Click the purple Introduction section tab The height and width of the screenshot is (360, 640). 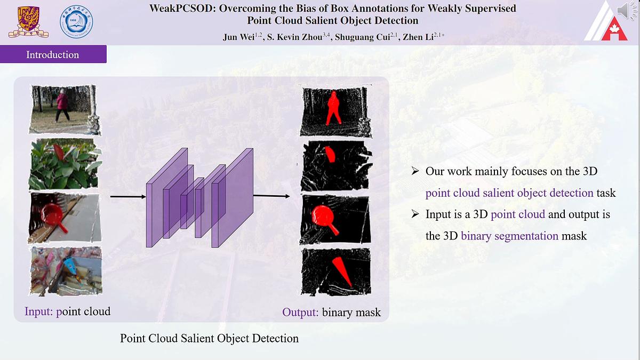pos(53,54)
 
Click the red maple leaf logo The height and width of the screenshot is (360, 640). pos(614,29)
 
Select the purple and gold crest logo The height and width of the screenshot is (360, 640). pos(28,22)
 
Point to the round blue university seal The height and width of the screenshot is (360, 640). pos(77,22)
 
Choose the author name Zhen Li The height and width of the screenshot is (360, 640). pos(418,37)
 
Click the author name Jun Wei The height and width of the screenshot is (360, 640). pos(238,37)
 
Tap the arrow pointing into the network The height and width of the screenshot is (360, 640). pos(128,197)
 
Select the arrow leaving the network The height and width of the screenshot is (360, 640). pos(271,196)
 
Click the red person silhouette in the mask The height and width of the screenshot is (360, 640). pos(333,108)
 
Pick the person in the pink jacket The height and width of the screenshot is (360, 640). pos(62,105)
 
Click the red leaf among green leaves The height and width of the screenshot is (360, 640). pos(59,153)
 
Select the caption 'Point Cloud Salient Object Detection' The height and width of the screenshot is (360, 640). pos(209,338)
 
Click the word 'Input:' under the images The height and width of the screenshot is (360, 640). pos(39,311)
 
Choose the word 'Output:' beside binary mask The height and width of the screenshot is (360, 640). pos(300,312)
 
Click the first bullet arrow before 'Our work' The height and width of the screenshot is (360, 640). pos(415,171)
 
